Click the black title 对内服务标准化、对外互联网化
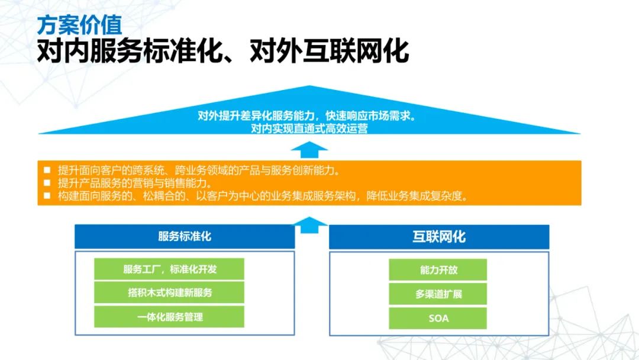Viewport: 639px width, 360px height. pos(222,52)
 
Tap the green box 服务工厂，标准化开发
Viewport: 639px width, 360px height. pos(169,269)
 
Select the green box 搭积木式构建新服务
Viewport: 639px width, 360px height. pos(169,292)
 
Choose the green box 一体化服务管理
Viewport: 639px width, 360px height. pos(169,317)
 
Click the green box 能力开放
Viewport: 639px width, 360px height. pos(438,269)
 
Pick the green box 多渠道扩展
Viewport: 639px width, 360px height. pos(438,294)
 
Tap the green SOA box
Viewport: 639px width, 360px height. pos(438,318)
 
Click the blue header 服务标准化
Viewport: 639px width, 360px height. pos(185,237)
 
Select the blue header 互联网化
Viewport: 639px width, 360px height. pos(439,237)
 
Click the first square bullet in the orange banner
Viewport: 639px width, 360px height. pos(47,170)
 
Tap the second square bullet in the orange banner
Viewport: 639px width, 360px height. pos(47,183)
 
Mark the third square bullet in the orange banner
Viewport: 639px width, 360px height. pos(47,196)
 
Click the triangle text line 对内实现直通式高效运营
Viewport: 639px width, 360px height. pos(309,128)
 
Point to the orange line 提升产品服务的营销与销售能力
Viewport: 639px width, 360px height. pos(134,183)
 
